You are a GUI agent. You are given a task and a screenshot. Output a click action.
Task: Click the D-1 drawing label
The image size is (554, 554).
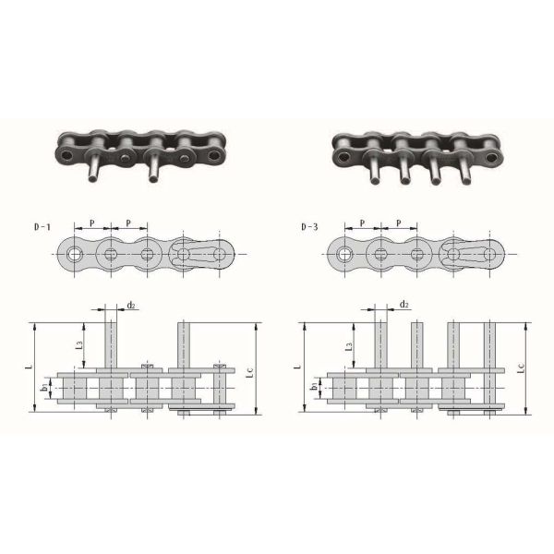[42, 227]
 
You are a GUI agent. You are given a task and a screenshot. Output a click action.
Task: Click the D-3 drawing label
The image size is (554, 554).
[309, 227]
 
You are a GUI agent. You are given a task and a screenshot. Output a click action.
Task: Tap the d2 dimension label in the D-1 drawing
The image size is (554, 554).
[131, 305]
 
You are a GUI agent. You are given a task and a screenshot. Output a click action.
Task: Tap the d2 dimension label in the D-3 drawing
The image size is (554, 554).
[404, 304]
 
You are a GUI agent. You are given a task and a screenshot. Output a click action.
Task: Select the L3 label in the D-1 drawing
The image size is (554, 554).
[79, 344]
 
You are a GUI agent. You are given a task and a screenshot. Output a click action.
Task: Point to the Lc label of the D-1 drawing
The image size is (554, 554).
[249, 373]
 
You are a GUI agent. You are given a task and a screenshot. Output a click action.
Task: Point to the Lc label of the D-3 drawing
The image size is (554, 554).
[521, 368]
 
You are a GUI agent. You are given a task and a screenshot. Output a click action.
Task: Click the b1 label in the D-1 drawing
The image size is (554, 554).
[44, 387]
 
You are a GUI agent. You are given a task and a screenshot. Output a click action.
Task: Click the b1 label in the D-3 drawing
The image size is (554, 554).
[313, 387]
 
